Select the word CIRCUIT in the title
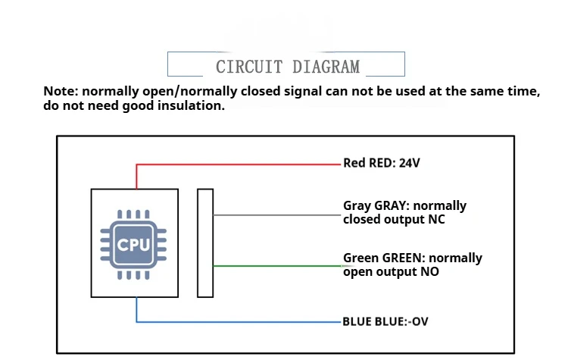[248, 67]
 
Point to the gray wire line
[276, 214]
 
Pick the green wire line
[276, 266]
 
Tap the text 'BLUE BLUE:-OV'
[385, 321]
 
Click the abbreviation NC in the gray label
[435, 220]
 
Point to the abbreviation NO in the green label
[429, 271]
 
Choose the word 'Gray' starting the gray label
[357, 206]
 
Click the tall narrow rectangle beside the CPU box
[205, 243]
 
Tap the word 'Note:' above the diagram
[61, 92]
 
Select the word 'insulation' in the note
[192, 106]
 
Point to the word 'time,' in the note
[524, 92]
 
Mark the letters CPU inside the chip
[135, 245]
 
